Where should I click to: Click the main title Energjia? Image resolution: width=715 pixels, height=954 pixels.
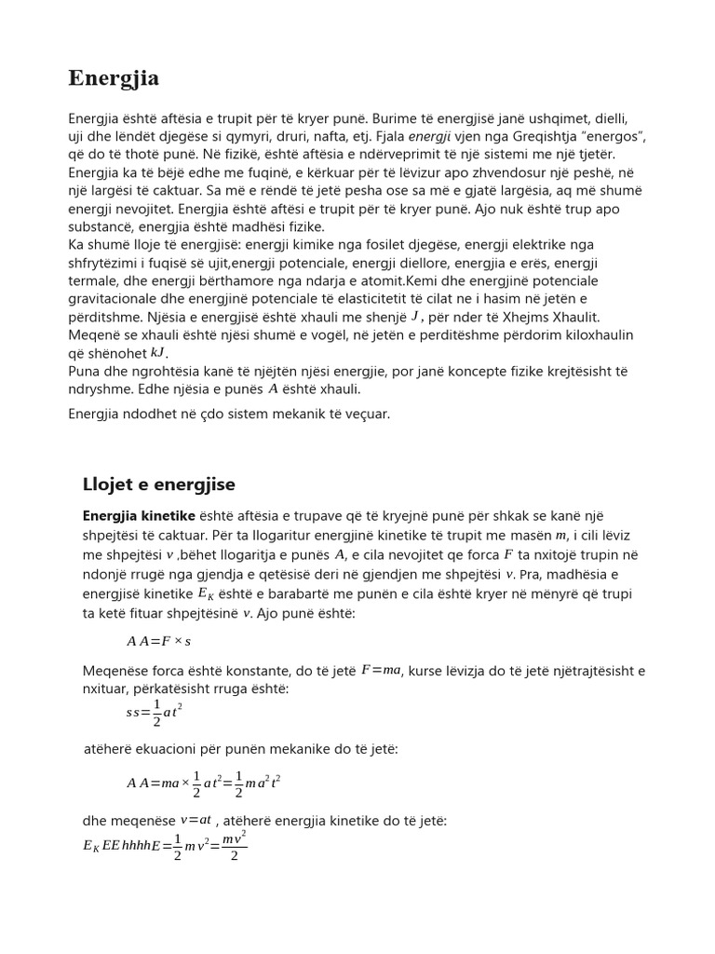pyautogui.click(x=114, y=79)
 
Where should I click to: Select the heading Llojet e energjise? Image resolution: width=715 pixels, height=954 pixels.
pyautogui.click(x=159, y=484)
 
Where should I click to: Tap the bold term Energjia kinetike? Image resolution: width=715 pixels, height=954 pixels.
pyautogui.click(x=139, y=515)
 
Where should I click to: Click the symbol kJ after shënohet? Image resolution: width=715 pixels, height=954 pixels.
pyautogui.click(x=158, y=353)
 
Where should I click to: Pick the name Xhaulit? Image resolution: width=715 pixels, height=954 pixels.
pyautogui.click(x=577, y=317)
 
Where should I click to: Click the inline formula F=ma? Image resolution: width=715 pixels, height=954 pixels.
pyautogui.click(x=381, y=669)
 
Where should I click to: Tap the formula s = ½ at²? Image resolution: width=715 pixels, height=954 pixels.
pyautogui.click(x=155, y=712)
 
